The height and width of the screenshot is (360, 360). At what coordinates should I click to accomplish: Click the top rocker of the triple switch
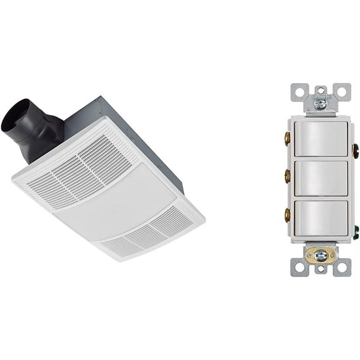tap(322, 139)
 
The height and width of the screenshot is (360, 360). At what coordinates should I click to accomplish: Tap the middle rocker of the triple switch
tap(322, 178)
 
